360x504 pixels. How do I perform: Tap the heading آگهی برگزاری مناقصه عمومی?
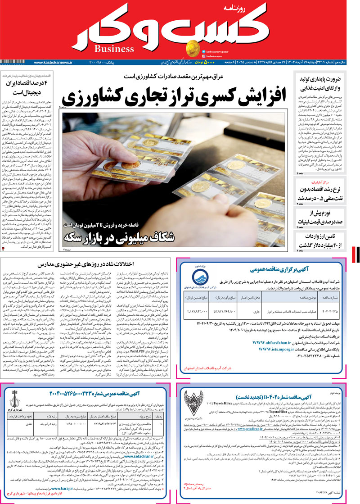[x=275, y=269]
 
